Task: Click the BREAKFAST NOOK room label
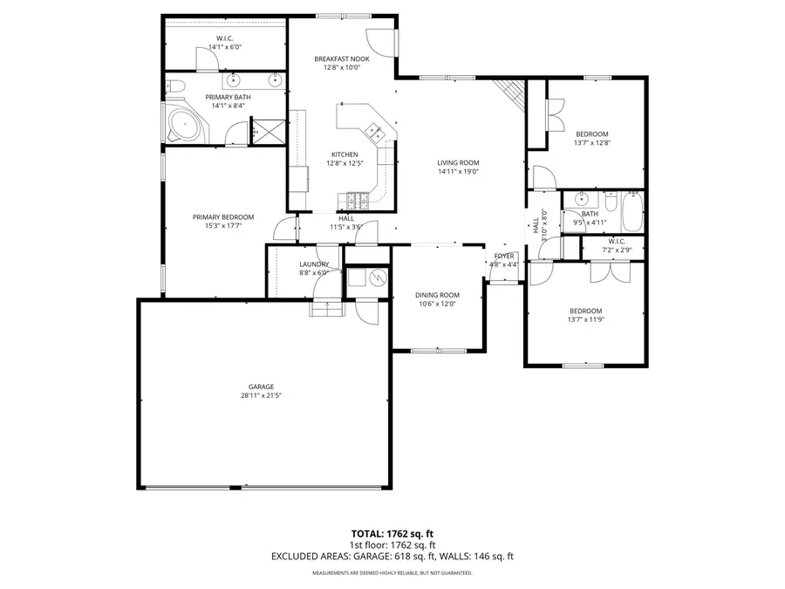click(x=342, y=58)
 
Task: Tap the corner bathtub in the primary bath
click(x=182, y=125)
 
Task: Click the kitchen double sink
click(x=376, y=132)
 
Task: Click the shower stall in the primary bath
click(x=267, y=133)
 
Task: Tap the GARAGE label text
click(x=261, y=387)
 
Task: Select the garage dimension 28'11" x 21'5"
click(x=261, y=395)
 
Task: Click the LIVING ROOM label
click(x=458, y=162)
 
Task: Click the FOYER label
click(x=504, y=256)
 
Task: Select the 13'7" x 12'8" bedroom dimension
click(x=590, y=142)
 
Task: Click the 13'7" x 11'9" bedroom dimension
click(x=585, y=320)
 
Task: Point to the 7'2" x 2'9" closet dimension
click(x=617, y=250)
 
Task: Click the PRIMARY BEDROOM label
click(x=223, y=217)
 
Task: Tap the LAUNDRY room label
click(x=313, y=264)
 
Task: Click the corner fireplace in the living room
click(x=509, y=91)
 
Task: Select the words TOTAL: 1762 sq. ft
click(x=392, y=532)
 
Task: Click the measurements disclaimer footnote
click(x=392, y=573)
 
